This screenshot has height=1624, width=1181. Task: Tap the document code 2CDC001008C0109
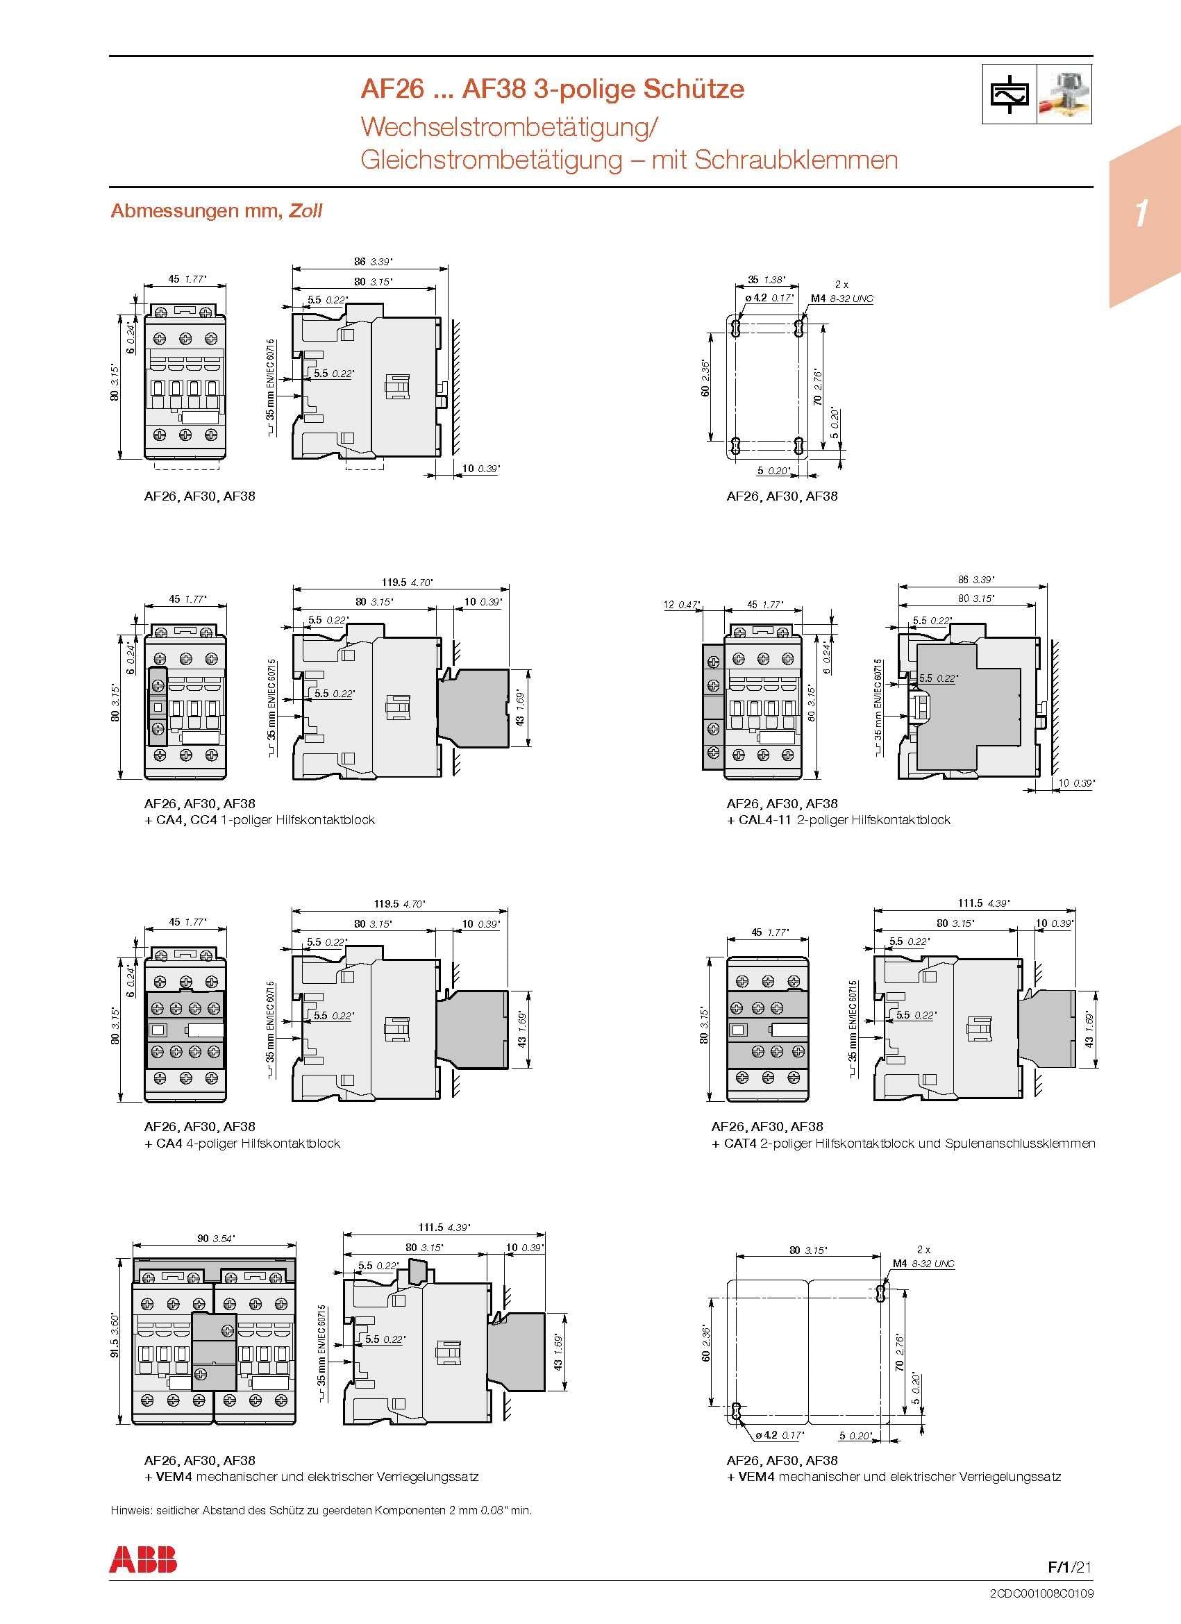pos(1041,1594)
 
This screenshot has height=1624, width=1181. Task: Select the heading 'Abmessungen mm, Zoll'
pos(217,210)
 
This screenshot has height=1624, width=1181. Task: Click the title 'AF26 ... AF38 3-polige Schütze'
pos(552,89)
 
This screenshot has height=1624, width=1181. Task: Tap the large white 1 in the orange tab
pos(1141,213)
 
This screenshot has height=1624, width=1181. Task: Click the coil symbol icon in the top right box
pos(1009,94)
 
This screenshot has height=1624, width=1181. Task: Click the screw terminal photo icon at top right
pos(1064,94)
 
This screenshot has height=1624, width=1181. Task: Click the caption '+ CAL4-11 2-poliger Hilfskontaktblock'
pos(838,820)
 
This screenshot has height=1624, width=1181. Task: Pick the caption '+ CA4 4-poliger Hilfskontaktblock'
pos(242,1144)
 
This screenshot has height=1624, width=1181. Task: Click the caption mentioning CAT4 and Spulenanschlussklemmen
pos(903,1144)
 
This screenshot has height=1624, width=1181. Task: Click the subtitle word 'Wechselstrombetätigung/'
pos(509,127)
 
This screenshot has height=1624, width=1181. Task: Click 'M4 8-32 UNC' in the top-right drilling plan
pos(841,299)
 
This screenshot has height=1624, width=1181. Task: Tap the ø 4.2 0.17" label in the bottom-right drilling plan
pos(779,1435)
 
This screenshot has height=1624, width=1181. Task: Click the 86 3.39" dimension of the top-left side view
pos(373,261)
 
